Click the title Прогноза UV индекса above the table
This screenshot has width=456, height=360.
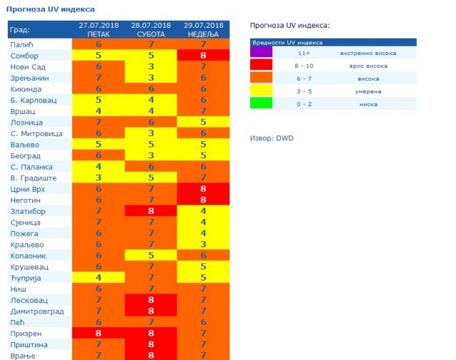[x=50, y=9]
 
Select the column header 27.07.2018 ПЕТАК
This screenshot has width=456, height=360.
[x=98, y=29]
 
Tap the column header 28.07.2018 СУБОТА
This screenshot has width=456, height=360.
[x=151, y=29]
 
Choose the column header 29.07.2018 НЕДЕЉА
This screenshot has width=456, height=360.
[x=204, y=29]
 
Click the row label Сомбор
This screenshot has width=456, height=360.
[x=24, y=55]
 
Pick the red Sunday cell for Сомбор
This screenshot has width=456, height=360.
[x=204, y=55]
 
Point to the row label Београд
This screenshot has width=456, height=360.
[x=26, y=155]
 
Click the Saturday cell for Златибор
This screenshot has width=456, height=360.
[x=151, y=211]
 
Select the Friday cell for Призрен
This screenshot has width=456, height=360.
[x=98, y=333]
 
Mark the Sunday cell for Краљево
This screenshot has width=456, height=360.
[x=204, y=245]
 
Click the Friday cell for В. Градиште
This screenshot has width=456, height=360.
[x=98, y=178]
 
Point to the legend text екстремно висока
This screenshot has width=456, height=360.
[x=368, y=53]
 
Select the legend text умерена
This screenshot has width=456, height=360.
[x=368, y=91]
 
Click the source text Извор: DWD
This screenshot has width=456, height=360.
[x=271, y=138]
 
